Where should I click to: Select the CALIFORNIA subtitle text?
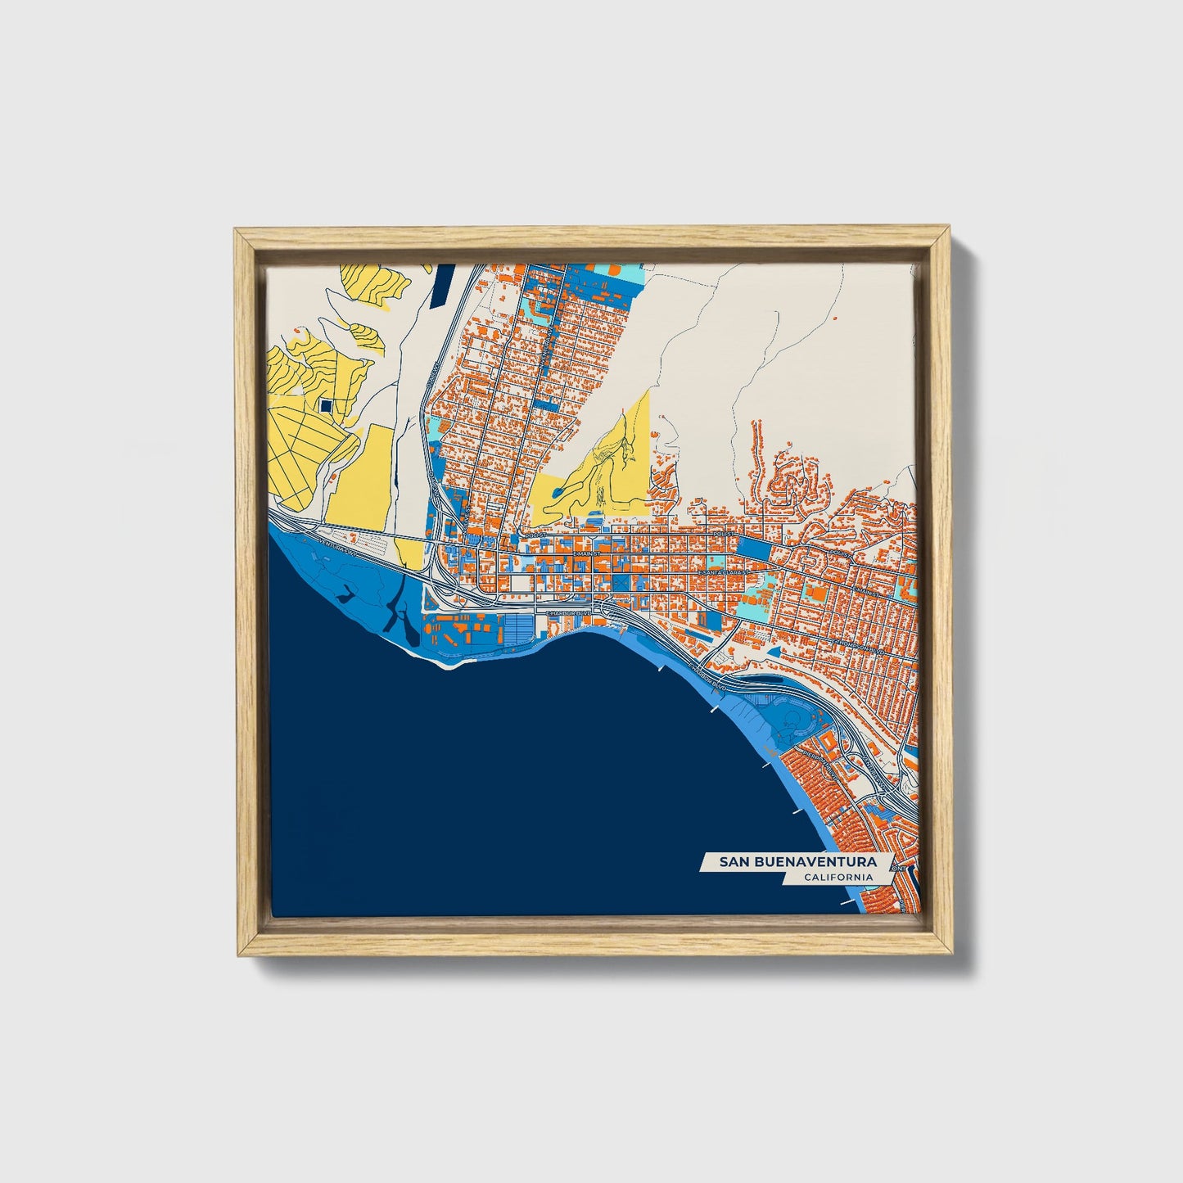837,878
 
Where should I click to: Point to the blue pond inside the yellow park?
557,492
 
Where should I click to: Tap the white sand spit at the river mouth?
446,664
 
